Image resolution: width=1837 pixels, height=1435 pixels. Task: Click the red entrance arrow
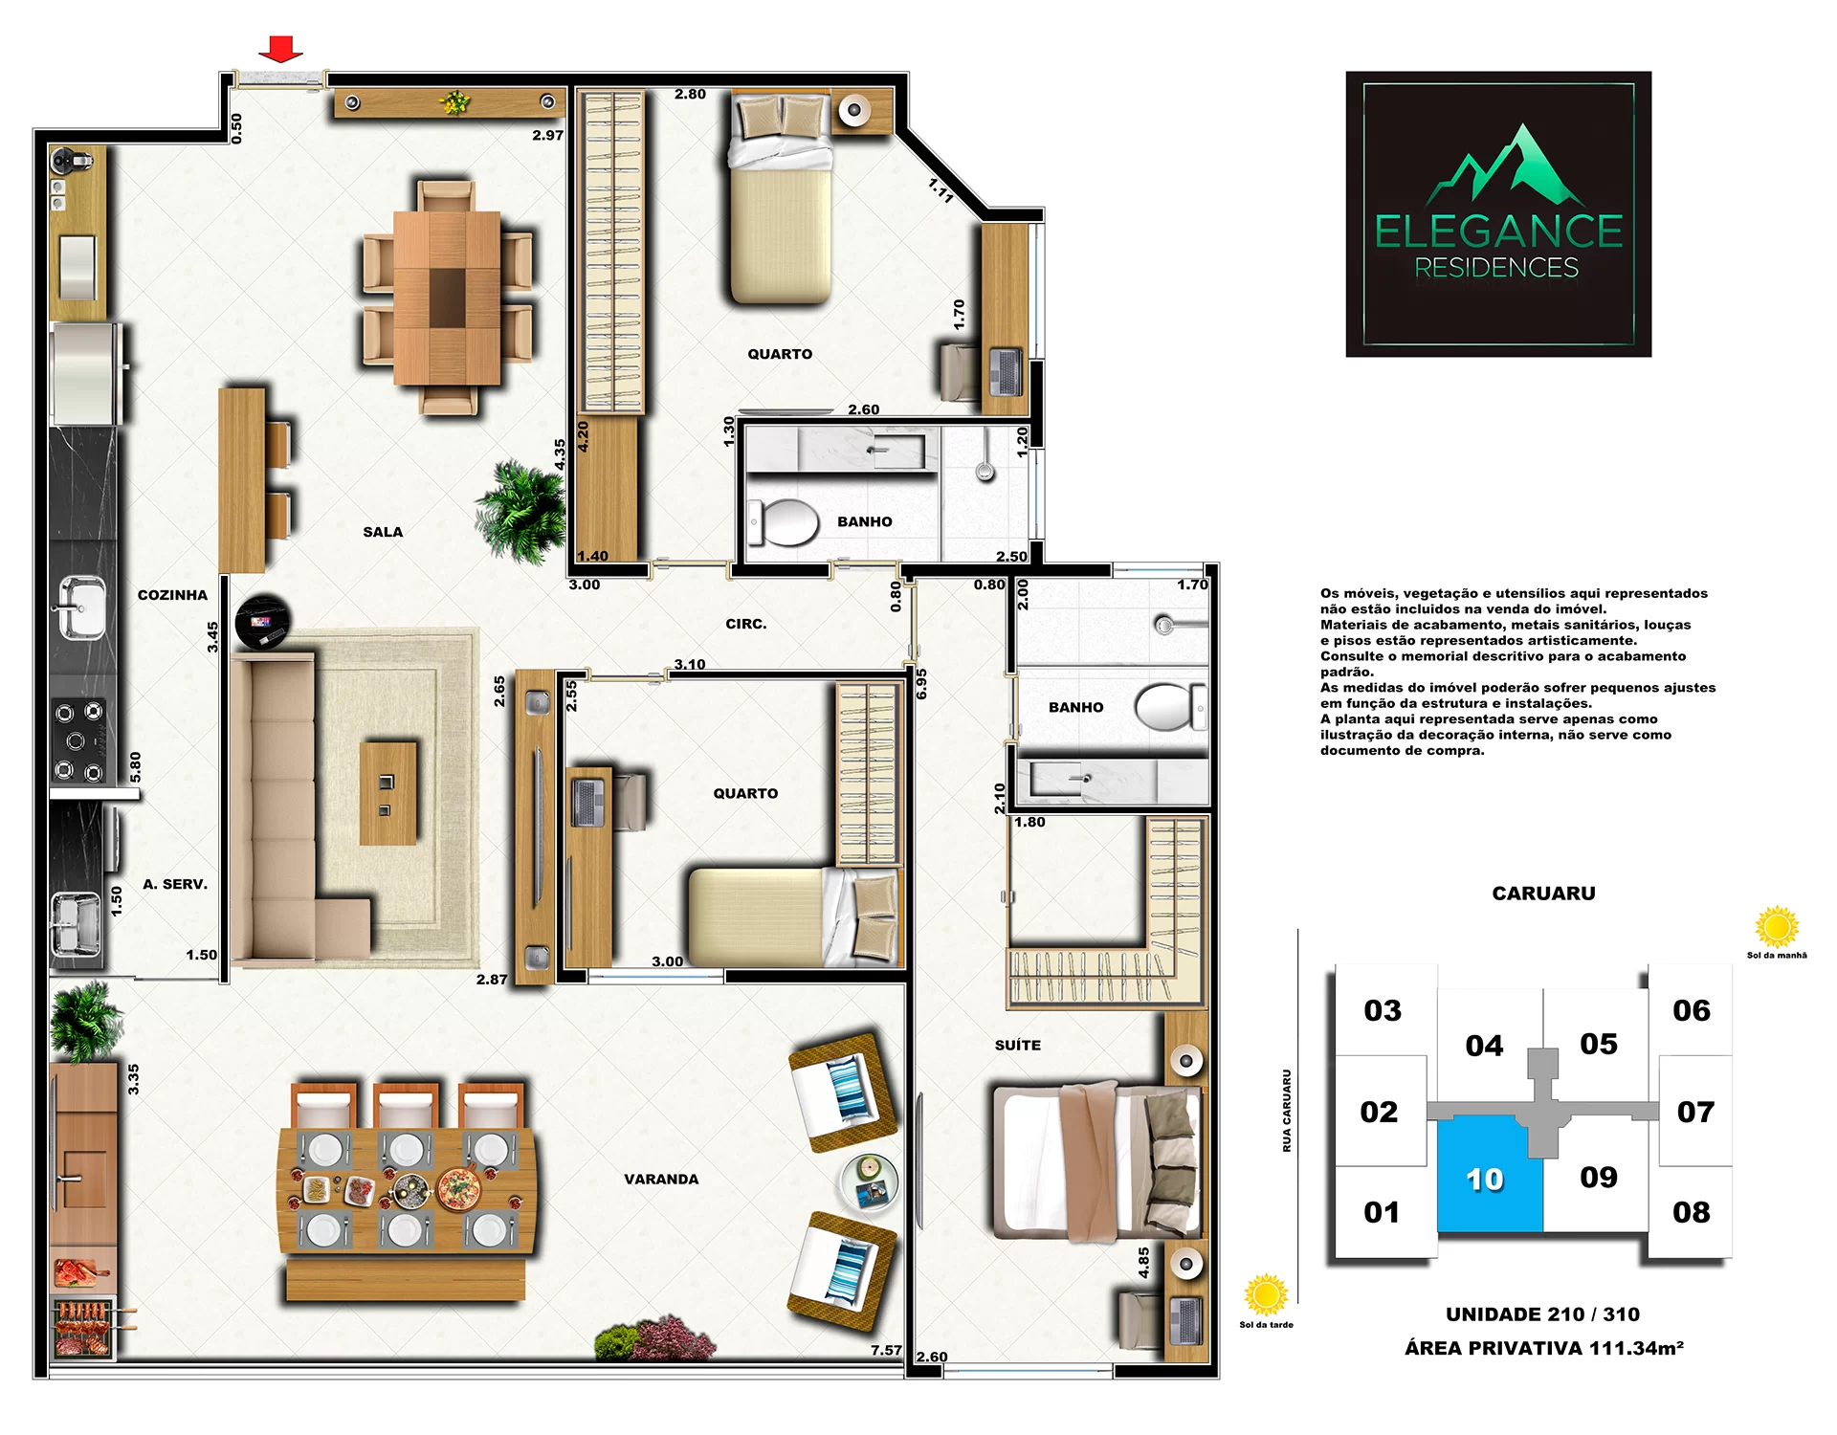tap(280, 49)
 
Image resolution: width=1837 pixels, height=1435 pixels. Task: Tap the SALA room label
tap(383, 532)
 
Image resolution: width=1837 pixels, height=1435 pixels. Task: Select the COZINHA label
tap(172, 595)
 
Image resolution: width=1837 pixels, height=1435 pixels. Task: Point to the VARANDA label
tap(661, 1180)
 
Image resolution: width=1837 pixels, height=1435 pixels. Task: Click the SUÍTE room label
tap(1018, 1046)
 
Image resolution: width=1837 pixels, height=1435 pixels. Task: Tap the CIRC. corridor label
tap(746, 624)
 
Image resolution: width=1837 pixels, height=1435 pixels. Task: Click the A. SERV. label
tap(175, 884)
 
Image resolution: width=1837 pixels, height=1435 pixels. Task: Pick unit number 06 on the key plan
tap(1692, 1010)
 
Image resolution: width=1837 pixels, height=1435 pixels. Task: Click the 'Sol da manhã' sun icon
tap(1777, 926)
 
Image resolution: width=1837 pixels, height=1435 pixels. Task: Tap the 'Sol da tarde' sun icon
tap(1266, 1295)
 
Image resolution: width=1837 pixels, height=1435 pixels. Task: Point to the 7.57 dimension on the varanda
tap(886, 1350)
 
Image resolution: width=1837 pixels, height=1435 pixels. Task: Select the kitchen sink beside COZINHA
tap(81, 607)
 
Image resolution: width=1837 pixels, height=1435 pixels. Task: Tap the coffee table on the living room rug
tap(388, 793)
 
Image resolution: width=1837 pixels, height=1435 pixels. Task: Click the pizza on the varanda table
tap(458, 1188)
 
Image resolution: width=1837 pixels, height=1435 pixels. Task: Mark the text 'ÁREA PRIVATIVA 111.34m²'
tap(1544, 1348)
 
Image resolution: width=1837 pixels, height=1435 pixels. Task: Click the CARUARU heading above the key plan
tap(1543, 894)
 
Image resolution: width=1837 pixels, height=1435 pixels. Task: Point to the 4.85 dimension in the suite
tap(1143, 1263)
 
